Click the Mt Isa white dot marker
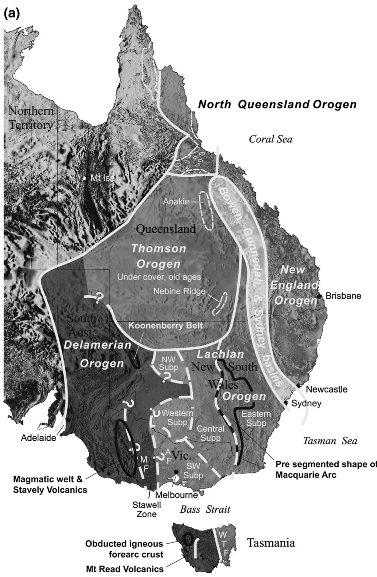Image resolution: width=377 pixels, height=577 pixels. [x=84, y=178]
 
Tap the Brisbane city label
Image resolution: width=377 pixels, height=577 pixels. [x=343, y=296]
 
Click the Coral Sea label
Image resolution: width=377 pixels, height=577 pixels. [x=271, y=139]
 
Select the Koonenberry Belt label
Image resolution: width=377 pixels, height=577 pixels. [x=165, y=326]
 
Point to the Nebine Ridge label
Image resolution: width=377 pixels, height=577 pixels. [x=179, y=291]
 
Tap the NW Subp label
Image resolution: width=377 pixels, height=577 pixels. [x=168, y=363]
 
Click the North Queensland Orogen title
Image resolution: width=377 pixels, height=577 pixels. [x=277, y=104]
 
